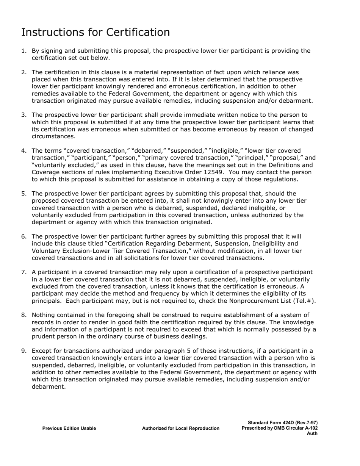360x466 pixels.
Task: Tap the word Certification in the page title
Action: [138, 33]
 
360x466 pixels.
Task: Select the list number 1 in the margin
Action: [23, 51]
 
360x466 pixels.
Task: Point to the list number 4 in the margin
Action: [23, 151]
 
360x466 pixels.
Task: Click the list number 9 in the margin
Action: [23, 351]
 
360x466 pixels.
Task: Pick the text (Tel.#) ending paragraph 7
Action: [305, 301]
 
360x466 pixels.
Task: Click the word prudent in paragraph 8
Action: [44, 336]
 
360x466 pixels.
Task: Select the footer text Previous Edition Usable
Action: [69, 428]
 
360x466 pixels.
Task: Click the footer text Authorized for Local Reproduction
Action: [180, 428]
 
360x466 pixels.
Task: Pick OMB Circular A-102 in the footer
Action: [296, 428]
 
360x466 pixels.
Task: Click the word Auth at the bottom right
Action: [312, 433]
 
